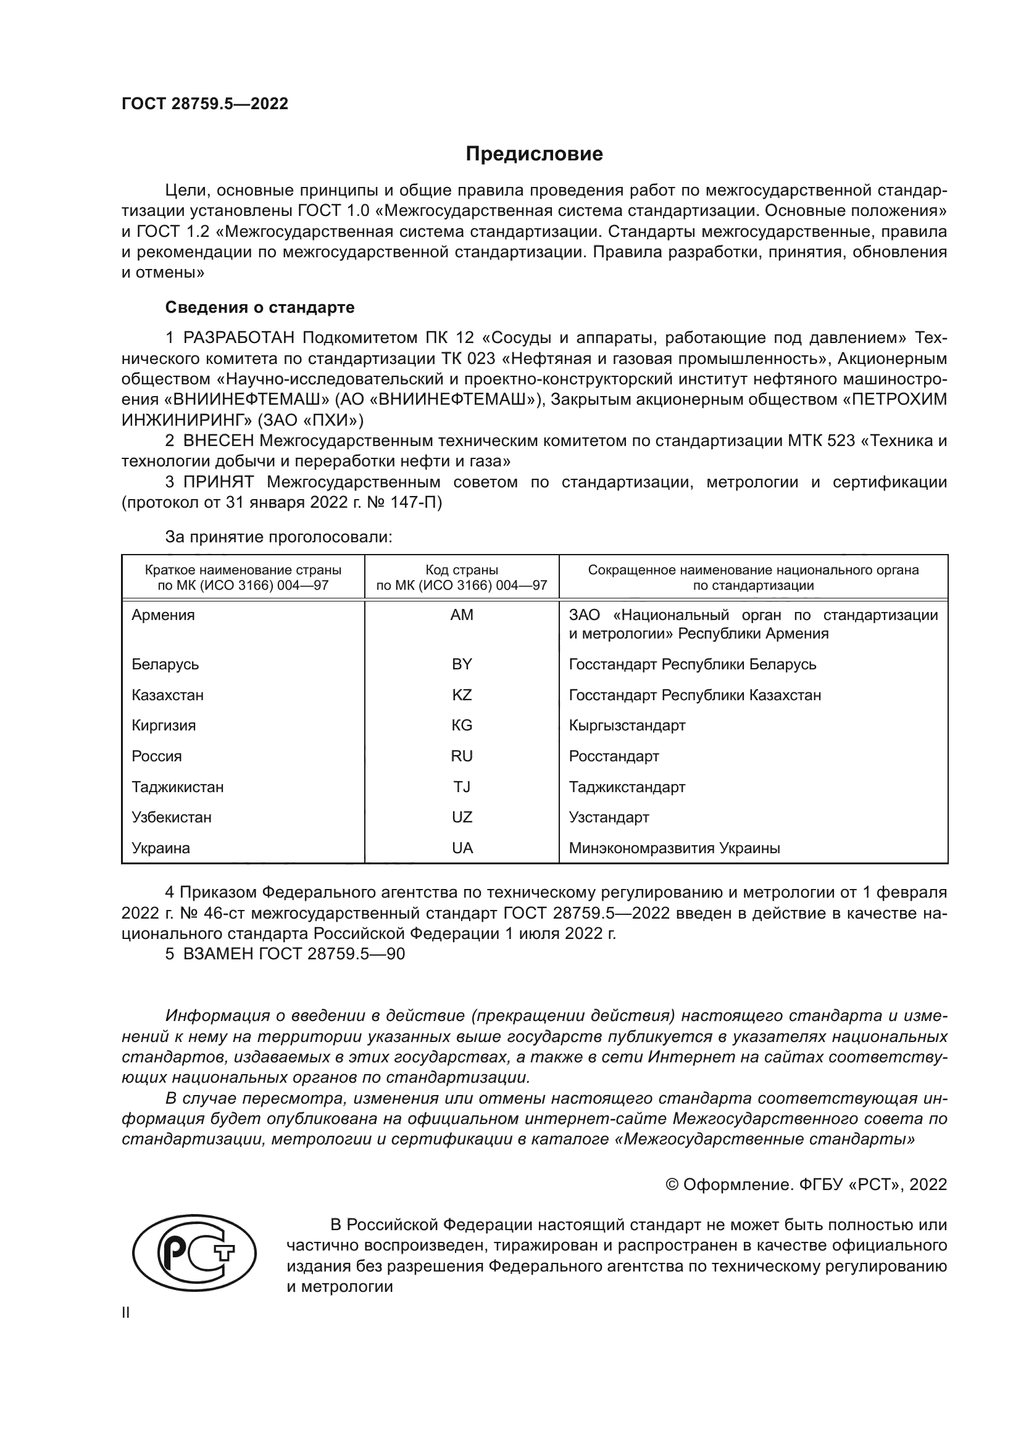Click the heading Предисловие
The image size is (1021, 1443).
pyautogui.click(x=534, y=154)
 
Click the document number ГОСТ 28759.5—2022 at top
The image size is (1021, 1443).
pyautogui.click(x=205, y=104)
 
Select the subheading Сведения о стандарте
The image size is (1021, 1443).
pyautogui.click(x=260, y=307)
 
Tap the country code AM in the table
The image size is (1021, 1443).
pyautogui.click(x=462, y=615)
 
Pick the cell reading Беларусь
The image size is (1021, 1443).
pyautogui.click(x=165, y=664)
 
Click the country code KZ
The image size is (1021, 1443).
pyautogui.click(x=462, y=695)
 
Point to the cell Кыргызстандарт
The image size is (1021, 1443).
pyautogui.click(x=627, y=726)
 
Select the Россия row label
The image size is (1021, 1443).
pyautogui.click(x=157, y=756)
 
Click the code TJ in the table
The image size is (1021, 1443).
pyautogui.click(x=462, y=787)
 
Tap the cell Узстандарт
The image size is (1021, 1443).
pyautogui.click(x=609, y=817)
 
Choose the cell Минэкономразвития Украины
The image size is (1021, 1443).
pyautogui.click(x=674, y=848)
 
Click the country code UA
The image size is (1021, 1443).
pyautogui.click(x=462, y=848)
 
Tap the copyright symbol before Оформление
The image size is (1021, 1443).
pyautogui.click(x=672, y=1185)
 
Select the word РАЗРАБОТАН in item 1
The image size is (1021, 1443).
pyautogui.click(x=238, y=338)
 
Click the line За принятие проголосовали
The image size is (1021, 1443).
pyautogui.click(x=278, y=537)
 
